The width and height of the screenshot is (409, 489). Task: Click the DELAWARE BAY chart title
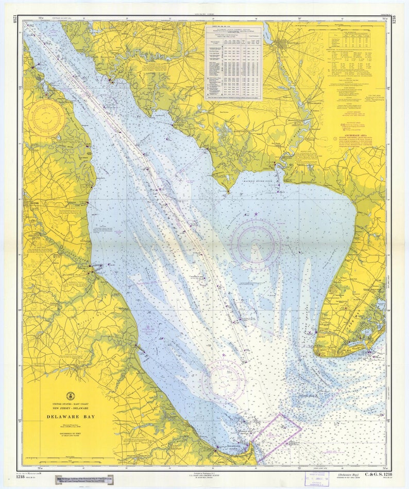click(x=71, y=416)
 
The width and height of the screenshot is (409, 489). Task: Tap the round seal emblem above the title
click(x=71, y=396)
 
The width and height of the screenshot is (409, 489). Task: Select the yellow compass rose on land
click(x=46, y=118)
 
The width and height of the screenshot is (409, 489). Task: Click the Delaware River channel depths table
click(x=234, y=62)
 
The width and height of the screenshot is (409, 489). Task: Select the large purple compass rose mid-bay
click(x=255, y=241)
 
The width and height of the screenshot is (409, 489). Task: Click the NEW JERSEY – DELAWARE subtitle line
click(x=71, y=409)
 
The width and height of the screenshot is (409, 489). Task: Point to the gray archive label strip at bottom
click(x=84, y=479)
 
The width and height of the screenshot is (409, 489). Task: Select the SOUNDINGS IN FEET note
click(x=71, y=433)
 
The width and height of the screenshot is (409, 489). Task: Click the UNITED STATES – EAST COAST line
click(x=71, y=404)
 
